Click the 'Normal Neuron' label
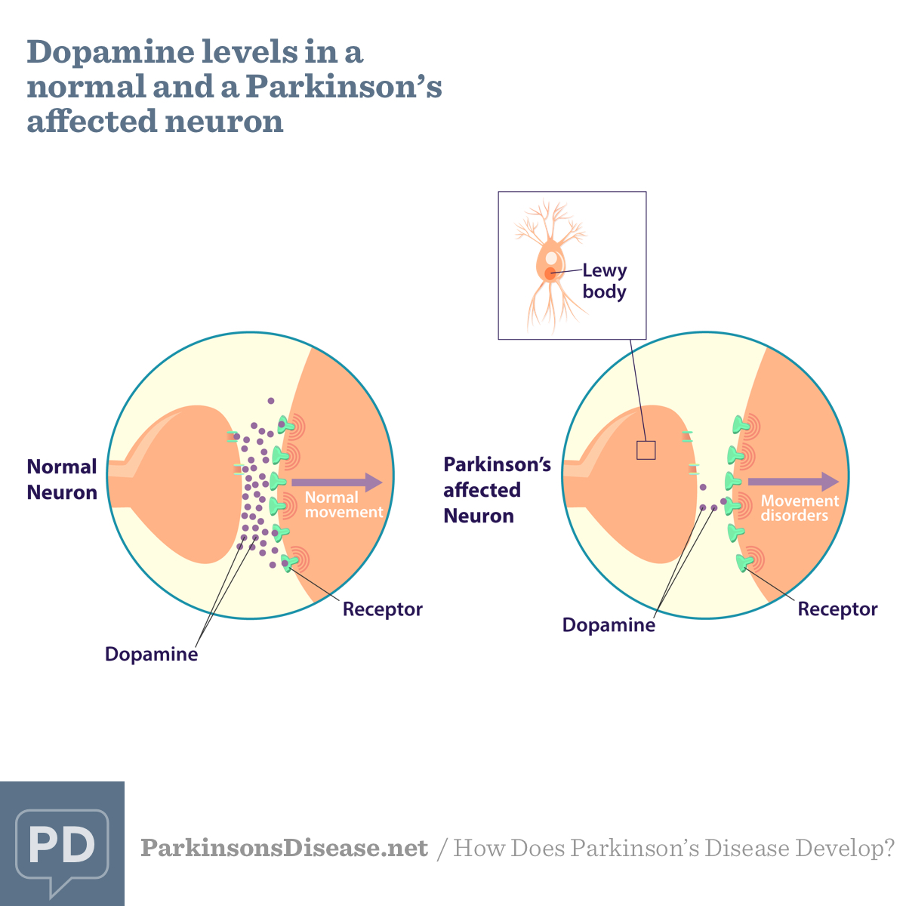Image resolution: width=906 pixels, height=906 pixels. (x=62, y=479)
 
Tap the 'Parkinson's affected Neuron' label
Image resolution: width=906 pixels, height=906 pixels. (x=497, y=490)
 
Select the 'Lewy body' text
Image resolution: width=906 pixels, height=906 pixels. (x=604, y=281)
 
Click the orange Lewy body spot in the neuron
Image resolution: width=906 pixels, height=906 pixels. (x=550, y=273)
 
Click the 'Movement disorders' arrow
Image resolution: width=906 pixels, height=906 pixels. (x=793, y=482)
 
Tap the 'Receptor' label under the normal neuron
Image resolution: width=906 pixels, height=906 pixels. (x=382, y=609)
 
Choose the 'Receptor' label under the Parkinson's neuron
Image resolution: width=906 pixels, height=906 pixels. (x=837, y=609)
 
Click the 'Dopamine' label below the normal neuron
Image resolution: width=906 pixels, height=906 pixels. (x=151, y=654)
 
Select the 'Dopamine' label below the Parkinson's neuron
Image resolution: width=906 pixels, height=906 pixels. (x=609, y=625)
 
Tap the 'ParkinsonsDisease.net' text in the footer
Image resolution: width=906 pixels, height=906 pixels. (x=285, y=848)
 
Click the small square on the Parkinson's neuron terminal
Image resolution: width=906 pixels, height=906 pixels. (x=646, y=450)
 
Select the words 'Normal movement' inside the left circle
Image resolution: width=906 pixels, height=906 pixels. (x=344, y=504)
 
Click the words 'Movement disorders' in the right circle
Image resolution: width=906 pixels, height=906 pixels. (x=799, y=508)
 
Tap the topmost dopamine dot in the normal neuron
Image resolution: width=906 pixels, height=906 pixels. (x=271, y=401)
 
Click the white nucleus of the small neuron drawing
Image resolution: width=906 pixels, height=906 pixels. (x=552, y=259)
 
